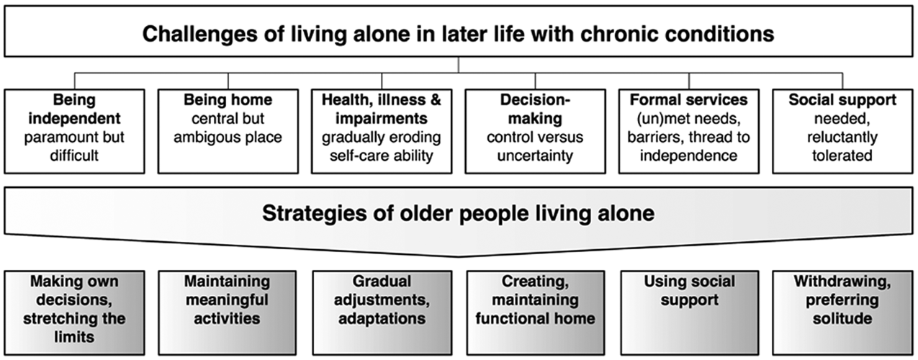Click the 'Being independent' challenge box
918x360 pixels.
(x=75, y=131)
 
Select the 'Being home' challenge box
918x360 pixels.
(x=228, y=131)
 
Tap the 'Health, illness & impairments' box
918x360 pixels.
(x=382, y=131)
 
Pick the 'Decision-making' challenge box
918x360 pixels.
(x=535, y=131)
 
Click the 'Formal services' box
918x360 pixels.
(x=689, y=131)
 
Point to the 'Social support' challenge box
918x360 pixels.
(x=842, y=131)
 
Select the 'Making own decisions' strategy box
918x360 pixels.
(x=75, y=312)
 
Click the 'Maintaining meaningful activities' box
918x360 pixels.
(x=228, y=312)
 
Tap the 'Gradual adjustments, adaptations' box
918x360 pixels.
(x=382, y=312)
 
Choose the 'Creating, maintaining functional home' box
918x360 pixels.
(x=536, y=312)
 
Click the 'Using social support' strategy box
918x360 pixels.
(x=690, y=312)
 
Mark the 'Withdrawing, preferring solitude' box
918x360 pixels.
(x=842, y=312)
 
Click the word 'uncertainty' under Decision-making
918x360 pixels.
(x=535, y=156)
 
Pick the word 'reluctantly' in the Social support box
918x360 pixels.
(x=842, y=138)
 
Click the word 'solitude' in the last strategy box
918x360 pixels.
(x=842, y=318)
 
